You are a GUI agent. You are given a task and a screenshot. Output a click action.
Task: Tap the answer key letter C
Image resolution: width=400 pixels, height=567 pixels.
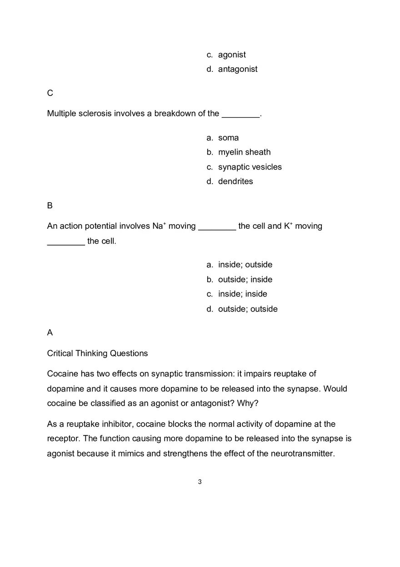pyautogui.click(x=50, y=93)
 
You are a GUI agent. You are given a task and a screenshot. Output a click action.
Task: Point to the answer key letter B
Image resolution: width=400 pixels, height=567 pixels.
pyautogui.click(x=50, y=206)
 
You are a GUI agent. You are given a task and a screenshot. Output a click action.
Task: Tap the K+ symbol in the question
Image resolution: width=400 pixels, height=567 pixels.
pyautogui.click(x=288, y=226)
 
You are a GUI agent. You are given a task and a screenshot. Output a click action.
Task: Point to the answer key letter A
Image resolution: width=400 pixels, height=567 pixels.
pyautogui.click(x=50, y=333)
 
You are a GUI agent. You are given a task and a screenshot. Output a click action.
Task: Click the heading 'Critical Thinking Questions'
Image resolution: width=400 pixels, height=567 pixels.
pyautogui.click(x=97, y=353)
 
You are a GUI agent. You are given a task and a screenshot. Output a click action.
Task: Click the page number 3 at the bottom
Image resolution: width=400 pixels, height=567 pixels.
pyautogui.click(x=200, y=482)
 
